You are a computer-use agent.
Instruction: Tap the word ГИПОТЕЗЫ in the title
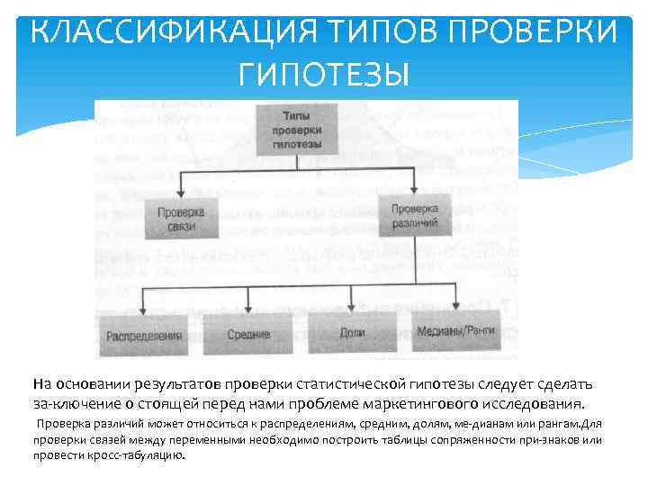coord(323,73)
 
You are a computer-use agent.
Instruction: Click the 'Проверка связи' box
coord(181,218)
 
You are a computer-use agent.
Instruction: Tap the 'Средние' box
coord(248,334)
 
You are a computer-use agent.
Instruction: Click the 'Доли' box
coord(352,333)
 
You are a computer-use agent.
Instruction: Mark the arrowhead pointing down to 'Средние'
coord(248,307)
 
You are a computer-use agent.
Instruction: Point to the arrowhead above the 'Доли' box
coord(352,307)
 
